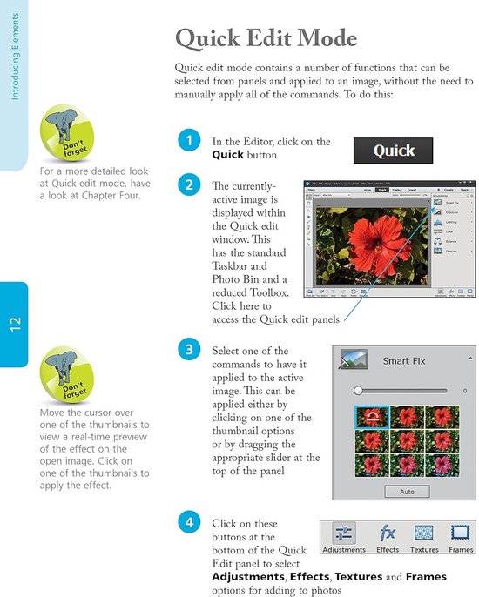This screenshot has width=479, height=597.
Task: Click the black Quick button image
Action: pos(394,151)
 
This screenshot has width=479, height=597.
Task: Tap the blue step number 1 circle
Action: pos(187,140)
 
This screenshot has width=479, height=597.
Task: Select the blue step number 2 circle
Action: pos(187,185)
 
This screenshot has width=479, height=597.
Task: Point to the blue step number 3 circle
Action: pos(187,351)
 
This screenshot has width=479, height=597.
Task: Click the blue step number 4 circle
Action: pos(187,523)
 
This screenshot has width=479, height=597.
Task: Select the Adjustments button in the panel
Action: pos(344,536)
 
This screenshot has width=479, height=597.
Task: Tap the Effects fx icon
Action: pos(388,533)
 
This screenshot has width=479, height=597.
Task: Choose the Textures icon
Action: pos(424,533)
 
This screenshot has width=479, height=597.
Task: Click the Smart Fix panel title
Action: pos(408,359)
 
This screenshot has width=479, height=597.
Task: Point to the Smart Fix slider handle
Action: pos(356,391)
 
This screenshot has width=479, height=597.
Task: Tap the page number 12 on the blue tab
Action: pos(15,325)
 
